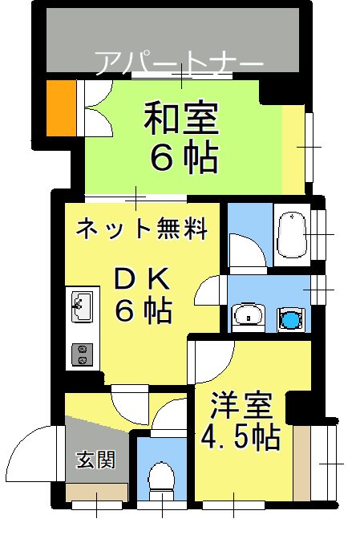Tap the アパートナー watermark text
(x=179, y=63)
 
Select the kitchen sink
(x=82, y=305)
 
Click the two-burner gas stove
(x=81, y=354)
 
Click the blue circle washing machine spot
(x=289, y=319)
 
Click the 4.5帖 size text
(x=240, y=438)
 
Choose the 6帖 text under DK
(x=144, y=310)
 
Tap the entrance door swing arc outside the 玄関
(x=36, y=453)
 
